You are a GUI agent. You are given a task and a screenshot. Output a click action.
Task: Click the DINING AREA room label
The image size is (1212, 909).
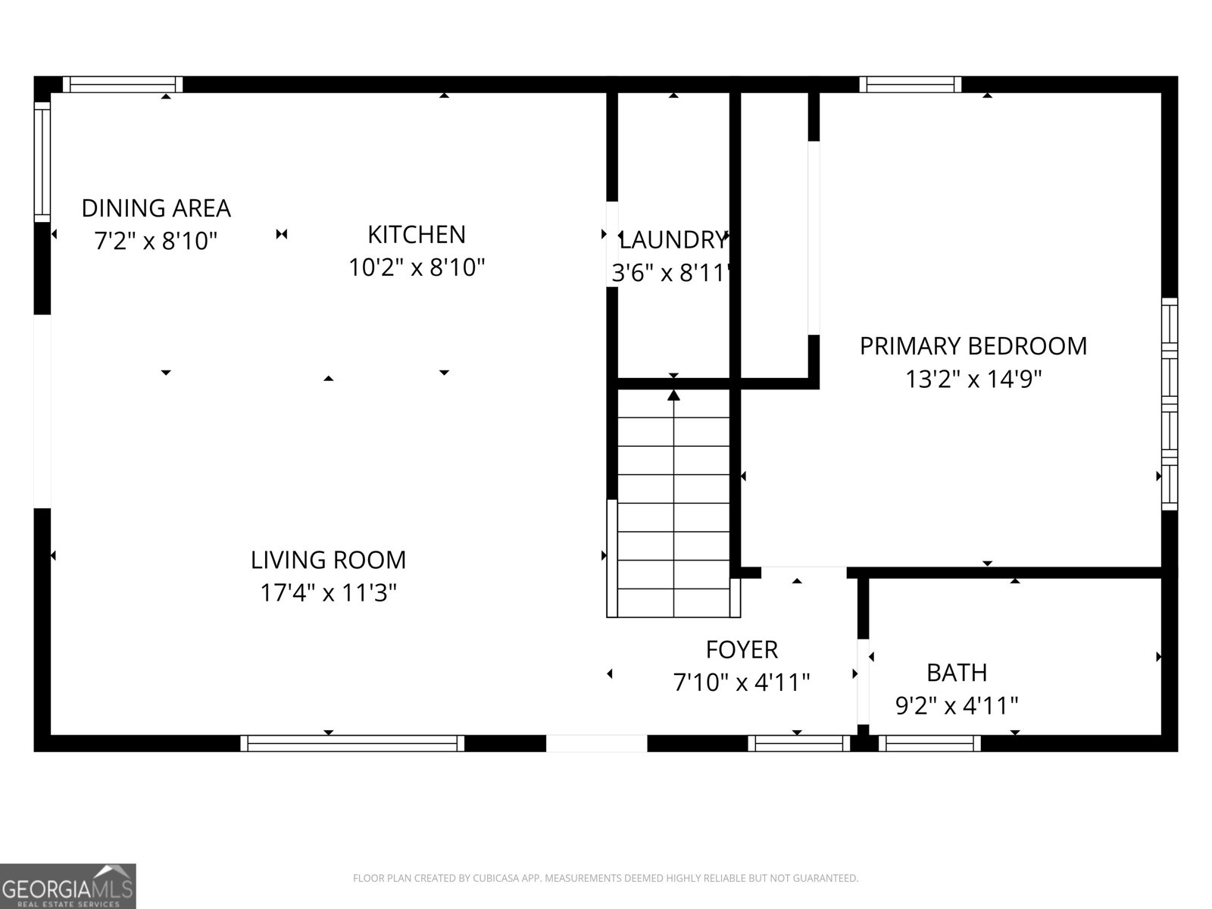[x=156, y=208]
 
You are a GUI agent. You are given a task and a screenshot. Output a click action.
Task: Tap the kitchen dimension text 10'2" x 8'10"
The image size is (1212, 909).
[x=417, y=267]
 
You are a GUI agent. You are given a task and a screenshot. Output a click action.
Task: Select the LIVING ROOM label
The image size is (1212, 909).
[x=328, y=560]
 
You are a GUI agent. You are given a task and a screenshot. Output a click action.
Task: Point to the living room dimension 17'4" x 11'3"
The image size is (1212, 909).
[x=328, y=592]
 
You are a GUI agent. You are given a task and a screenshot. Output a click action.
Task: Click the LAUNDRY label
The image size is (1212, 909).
[x=672, y=240]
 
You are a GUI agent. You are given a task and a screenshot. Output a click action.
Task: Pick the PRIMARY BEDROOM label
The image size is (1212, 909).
[x=973, y=346]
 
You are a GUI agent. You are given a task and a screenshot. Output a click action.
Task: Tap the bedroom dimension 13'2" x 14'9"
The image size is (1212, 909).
[x=973, y=379]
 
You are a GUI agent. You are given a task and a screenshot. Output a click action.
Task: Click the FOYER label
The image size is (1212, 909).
[x=742, y=650]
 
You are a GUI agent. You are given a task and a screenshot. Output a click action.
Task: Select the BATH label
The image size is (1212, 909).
[x=957, y=673]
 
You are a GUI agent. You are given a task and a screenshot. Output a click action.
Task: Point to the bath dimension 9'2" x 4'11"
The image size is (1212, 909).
[x=957, y=706]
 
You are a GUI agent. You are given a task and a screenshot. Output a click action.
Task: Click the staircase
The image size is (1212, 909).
[x=673, y=504]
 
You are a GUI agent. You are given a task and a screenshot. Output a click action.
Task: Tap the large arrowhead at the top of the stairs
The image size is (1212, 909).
[x=673, y=395]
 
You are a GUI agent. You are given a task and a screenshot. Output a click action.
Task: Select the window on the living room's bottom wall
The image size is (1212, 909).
[x=352, y=743]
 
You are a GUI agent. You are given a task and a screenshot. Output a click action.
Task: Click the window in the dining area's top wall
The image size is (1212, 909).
[x=122, y=84]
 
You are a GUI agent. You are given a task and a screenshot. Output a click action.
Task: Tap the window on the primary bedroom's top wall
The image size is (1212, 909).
[x=910, y=84]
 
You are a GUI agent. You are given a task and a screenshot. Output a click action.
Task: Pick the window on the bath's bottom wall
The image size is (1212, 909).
[x=929, y=743]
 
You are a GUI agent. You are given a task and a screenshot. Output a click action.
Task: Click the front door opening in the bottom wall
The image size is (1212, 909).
[x=596, y=743]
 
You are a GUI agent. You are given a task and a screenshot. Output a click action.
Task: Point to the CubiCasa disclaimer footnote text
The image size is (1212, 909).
[x=605, y=878]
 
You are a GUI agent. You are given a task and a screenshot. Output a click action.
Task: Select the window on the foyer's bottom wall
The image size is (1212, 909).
[x=799, y=743]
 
